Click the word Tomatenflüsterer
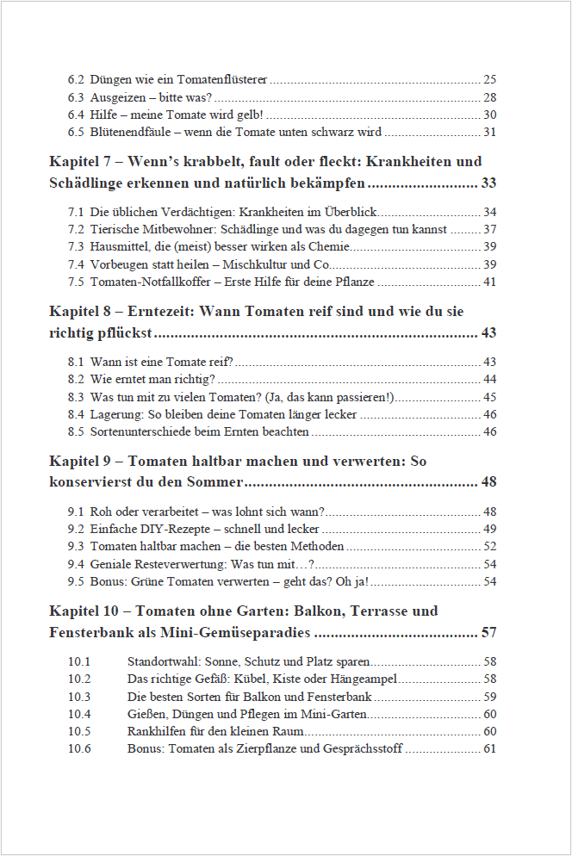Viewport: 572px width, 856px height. coord(222,79)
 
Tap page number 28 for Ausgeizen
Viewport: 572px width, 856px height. coord(489,97)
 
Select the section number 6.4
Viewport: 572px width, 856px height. coord(76,115)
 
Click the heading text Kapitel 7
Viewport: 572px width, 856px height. coord(81,162)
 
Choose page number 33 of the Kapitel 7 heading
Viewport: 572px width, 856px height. coord(488,183)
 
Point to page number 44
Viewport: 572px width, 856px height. coord(489,379)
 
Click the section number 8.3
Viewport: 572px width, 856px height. coord(76,397)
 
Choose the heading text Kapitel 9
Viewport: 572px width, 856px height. coord(81,462)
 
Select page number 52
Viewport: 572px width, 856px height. coord(489,546)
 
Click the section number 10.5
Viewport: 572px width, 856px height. coord(79,730)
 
